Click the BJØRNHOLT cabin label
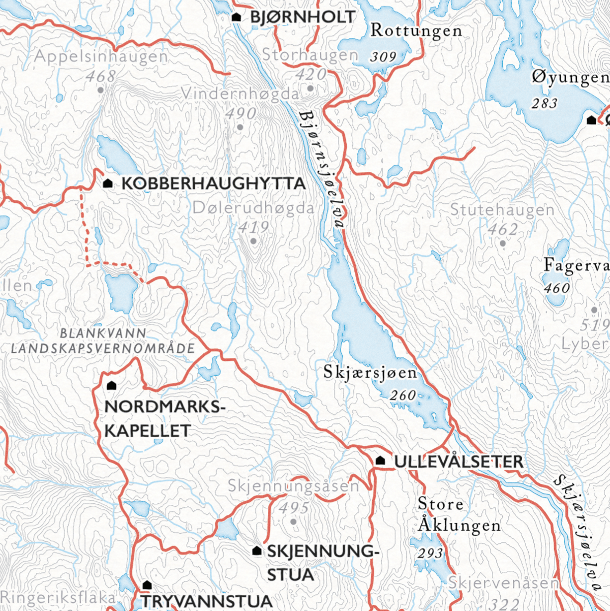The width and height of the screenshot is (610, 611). (302, 17)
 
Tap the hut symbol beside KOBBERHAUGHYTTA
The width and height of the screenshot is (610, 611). (108, 183)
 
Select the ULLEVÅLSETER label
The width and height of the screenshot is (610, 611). (458, 462)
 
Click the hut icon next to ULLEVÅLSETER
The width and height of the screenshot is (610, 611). (380, 461)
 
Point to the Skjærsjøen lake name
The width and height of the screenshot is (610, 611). (370, 373)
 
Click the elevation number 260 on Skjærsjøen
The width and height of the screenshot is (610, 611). (403, 395)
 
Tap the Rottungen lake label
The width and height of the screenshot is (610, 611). (416, 30)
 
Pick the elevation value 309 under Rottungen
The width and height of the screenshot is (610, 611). (383, 56)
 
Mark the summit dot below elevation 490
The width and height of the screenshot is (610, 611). (240, 127)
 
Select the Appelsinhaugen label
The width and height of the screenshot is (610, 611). (101, 56)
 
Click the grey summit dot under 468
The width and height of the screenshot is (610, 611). (101, 90)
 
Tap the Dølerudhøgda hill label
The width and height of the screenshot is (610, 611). (253, 208)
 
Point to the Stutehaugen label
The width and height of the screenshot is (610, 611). (502, 209)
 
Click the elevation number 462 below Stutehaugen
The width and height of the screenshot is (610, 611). (503, 229)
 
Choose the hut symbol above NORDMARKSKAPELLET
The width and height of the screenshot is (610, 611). (112, 386)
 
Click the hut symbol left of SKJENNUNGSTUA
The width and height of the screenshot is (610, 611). (257, 551)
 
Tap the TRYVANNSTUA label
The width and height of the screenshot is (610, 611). (207, 601)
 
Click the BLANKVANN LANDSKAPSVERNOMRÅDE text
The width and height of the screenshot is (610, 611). (103, 341)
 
